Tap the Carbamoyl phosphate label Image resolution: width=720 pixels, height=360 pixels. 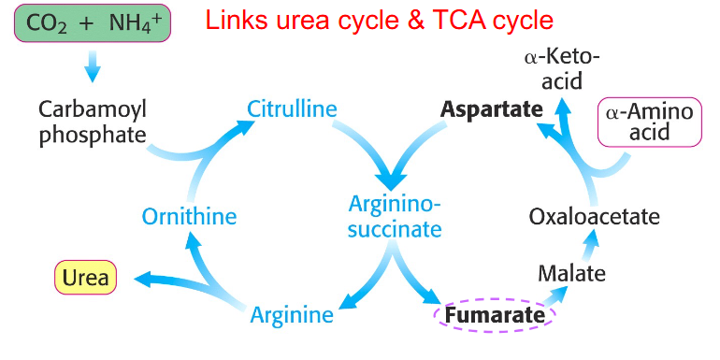[93, 122]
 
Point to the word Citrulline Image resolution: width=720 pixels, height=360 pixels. [292, 109]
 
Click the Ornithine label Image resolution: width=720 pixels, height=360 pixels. [189, 217]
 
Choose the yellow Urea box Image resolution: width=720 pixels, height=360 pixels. [85, 278]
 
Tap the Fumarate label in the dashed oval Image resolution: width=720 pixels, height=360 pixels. [495, 316]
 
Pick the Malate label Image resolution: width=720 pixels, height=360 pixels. [571, 274]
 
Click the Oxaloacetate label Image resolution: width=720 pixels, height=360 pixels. [594, 217]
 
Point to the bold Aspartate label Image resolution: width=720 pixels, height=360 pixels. [491, 109]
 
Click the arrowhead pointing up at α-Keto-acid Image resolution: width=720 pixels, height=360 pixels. [563, 106]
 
